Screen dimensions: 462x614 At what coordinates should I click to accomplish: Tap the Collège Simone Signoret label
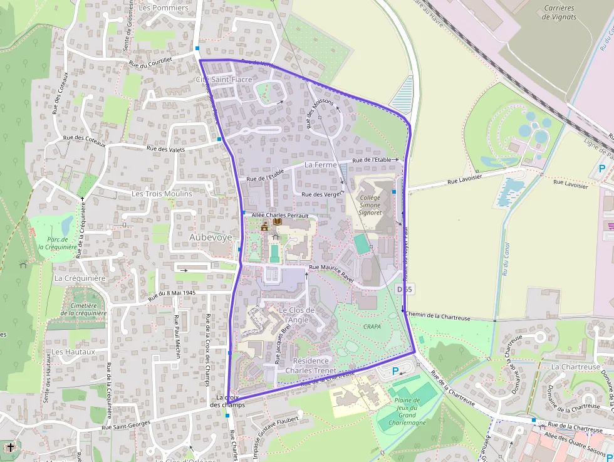pos(370,205)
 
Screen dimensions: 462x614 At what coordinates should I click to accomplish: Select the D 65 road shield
pos(404,289)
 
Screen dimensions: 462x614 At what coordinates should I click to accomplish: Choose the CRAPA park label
pos(372,327)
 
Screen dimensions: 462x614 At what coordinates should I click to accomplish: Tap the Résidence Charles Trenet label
pos(311,365)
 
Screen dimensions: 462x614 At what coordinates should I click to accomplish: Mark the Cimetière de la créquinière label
pos(83,309)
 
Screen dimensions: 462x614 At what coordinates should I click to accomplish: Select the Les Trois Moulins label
pos(162,194)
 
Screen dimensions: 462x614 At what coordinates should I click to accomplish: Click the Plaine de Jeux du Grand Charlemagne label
pos(407,411)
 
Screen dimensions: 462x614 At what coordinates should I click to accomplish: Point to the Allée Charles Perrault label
pos(280,215)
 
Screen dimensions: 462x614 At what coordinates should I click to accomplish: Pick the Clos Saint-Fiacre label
pos(224,80)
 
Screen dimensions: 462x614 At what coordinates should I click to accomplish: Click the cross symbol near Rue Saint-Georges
pos(11,448)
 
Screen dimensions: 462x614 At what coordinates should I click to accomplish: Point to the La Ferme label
pos(320,164)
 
